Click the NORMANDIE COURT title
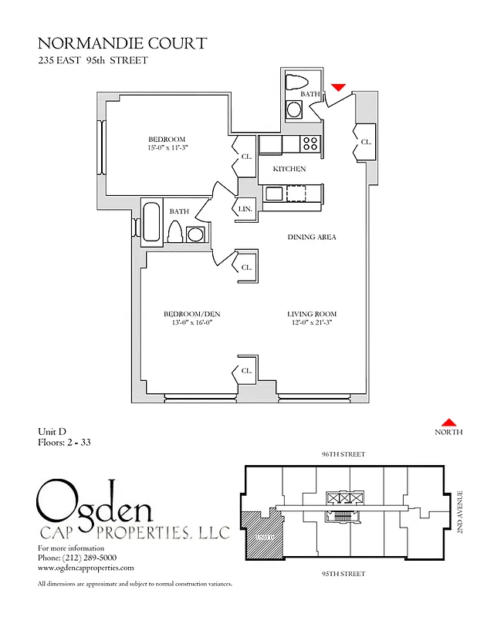(x=122, y=43)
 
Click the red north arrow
(x=448, y=422)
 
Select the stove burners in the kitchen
(x=310, y=143)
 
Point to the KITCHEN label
(x=289, y=169)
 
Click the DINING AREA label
(x=312, y=237)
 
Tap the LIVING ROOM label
(x=312, y=314)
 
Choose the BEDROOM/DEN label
(x=188, y=314)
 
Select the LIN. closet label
(x=245, y=209)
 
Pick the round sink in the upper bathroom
(x=294, y=110)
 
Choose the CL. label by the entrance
(x=366, y=142)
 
